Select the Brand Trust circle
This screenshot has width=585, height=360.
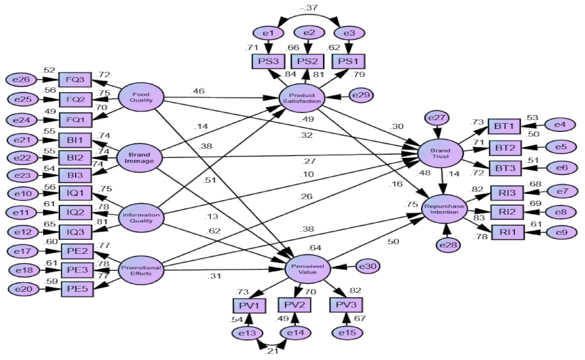[x=440, y=153]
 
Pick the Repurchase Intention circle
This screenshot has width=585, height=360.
[x=446, y=209]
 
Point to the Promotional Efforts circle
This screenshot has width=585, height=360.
[x=141, y=271]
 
